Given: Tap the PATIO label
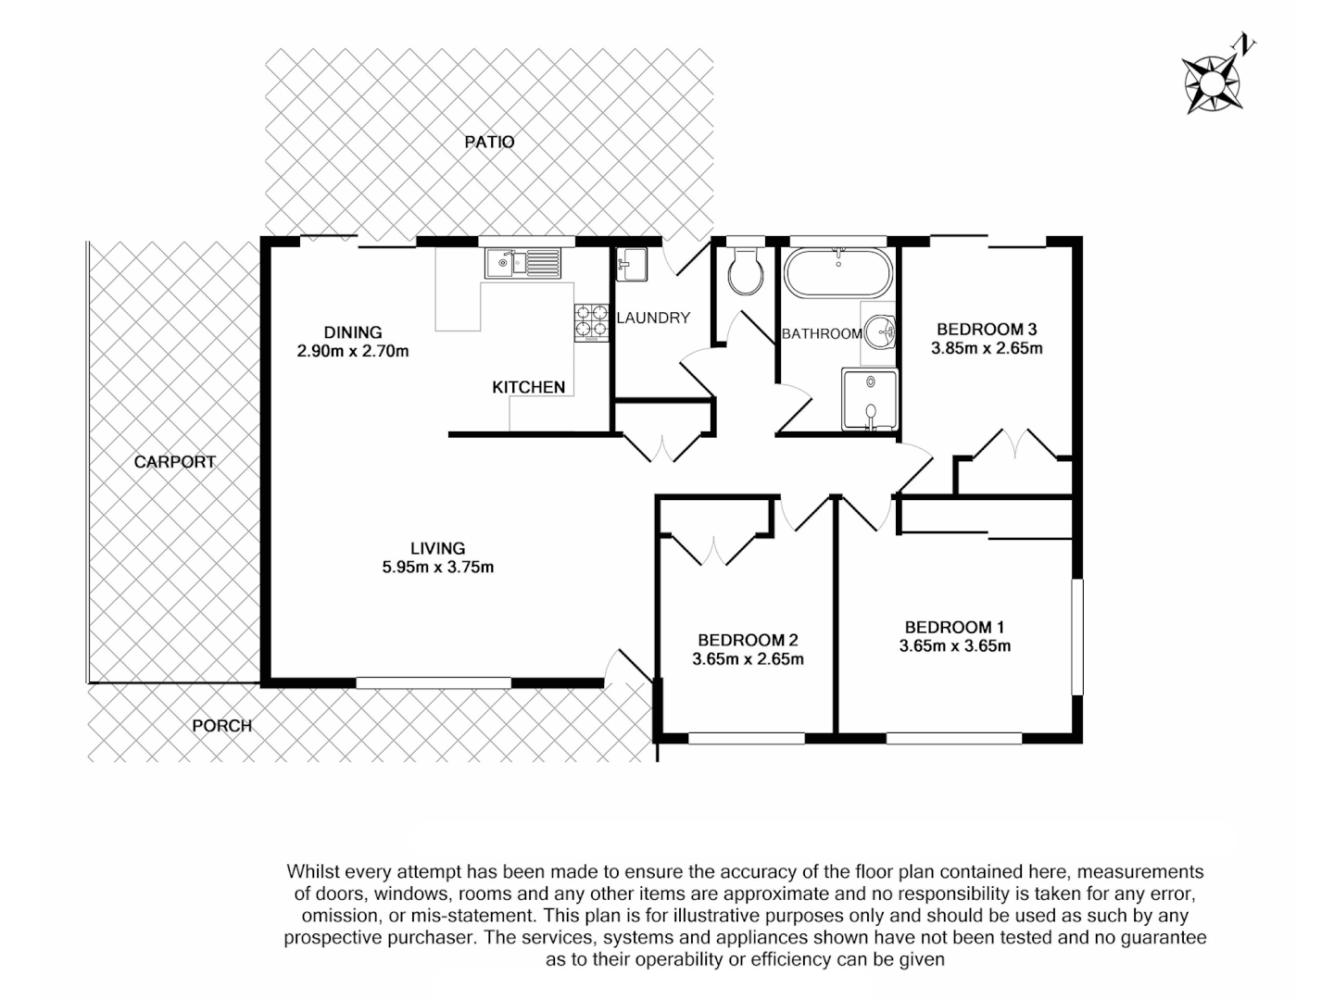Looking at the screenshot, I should tap(489, 142).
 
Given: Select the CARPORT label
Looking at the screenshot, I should tap(174, 461).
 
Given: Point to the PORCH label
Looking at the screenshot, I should tap(221, 725).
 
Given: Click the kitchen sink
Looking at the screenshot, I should tap(522, 263).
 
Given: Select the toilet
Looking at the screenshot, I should tap(745, 271).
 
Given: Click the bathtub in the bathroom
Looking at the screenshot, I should tap(838, 272).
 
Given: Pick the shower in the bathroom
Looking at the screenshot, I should tap(870, 399).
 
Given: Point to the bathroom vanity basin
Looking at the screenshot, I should tap(881, 331).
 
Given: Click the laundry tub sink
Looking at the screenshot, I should tap(633, 265).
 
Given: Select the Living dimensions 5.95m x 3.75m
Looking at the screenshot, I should tap(437, 568).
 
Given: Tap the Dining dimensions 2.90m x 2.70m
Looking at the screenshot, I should tap(352, 351).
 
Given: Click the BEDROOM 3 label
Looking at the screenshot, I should tap(986, 329).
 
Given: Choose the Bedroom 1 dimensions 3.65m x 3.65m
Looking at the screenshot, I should tap(954, 646).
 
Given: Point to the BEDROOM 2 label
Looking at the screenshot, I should tap(748, 640).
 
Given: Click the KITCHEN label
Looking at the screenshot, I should tap(528, 387).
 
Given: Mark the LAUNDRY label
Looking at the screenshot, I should tap(653, 318).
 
